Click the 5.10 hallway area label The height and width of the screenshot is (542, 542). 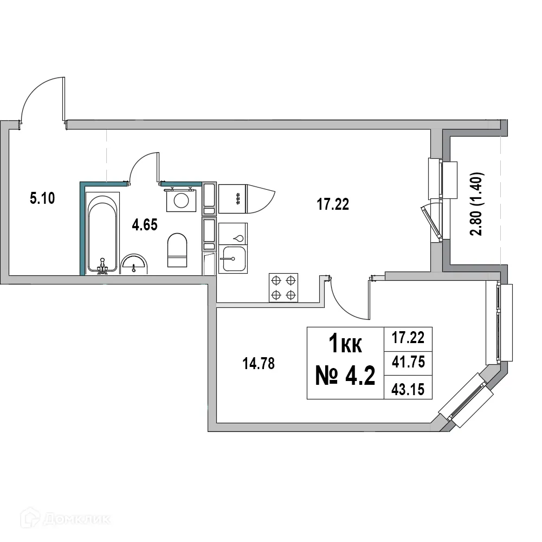pyautogui.click(x=42, y=198)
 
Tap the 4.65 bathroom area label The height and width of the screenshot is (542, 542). pyautogui.click(x=145, y=225)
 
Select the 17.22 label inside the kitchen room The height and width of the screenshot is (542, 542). pyautogui.click(x=332, y=204)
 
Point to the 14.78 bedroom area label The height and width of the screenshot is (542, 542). pyautogui.click(x=259, y=364)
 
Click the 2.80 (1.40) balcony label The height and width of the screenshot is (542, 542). pyautogui.click(x=477, y=204)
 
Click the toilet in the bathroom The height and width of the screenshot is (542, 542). pyautogui.click(x=177, y=250)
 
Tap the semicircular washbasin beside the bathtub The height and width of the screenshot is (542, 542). pyautogui.click(x=133, y=263)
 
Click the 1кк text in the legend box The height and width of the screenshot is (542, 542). pyautogui.click(x=345, y=344)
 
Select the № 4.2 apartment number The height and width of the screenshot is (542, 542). pyautogui.click(x=345, y=375)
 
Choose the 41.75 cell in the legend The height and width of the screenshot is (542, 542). pyautogui.click(x=408, y=362)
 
